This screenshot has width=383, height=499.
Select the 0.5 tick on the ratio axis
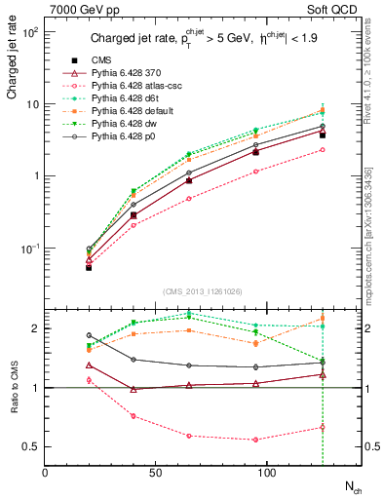pos(34,446)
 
